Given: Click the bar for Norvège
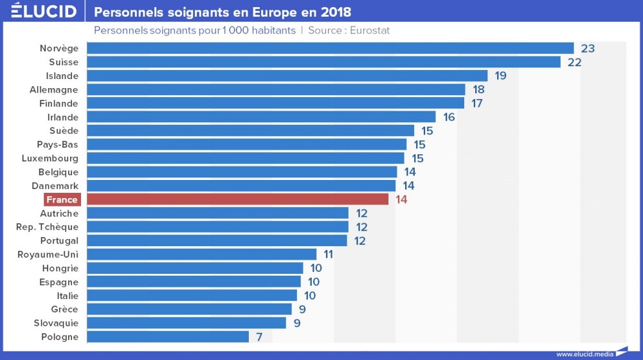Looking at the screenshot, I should pos(330,48).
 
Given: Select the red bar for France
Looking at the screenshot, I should pos(237,199).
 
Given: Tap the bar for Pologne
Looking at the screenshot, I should pos(167,337).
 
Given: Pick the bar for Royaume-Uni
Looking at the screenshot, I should pos(201,255).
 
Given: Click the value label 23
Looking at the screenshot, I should pos(588,48).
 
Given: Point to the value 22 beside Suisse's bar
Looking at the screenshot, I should pos(574,62).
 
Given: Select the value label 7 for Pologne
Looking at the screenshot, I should pos(258,337).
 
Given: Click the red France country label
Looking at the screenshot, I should pos(62,199).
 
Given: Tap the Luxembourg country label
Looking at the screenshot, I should pos(50,158).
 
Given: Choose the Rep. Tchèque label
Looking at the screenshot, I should pos(48,227).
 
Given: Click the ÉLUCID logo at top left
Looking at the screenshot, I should pos(44,12).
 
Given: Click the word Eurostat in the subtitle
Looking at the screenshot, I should pos(370,30).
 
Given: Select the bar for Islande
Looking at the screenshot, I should pos(287,76).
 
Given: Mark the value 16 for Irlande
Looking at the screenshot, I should pos(449,117).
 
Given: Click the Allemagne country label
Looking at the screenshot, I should pos(54,90).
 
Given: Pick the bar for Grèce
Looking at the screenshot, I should pos(189,309).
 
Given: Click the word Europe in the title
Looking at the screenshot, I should pos(280,12).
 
